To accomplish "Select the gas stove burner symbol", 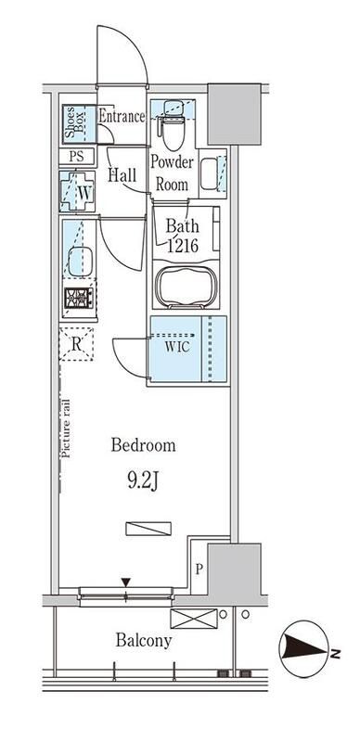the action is pyautogui.click(x=79, y=298).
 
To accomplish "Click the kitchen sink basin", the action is pyautogui.click(x=79, y=262).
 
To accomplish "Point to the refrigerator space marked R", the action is pyautogui.click(x=76, y=344).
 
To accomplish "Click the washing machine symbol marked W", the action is pyautogui.click(x=77, y=191).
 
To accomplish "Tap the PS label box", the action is pyautogui.click(x=77, y=157).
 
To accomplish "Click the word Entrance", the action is pyautogui.click(x=122, y=117).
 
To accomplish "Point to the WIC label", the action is pyautogui.click(x=176, y=346).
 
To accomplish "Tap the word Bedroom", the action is pyautogui.click(x=143, y=445).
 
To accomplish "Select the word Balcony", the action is pyautogui.click(x=143, y=641).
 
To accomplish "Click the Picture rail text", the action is pyautogui.click(x=65, y=429).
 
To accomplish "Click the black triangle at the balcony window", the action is pyautogui.click(x=125, y=582).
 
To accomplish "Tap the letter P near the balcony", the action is pyautogui.click(x=199, y=569).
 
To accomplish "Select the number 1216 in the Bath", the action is pyautogui.click(x=182, y=246).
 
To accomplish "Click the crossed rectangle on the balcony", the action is pyautogui.click(x=194, y=619).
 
